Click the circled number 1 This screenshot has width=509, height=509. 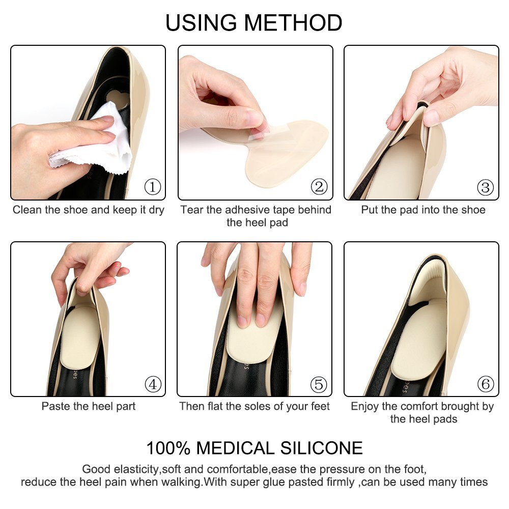click(153, 187)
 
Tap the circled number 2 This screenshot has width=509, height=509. click(319, 187)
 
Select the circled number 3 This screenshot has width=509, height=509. click(485, 187)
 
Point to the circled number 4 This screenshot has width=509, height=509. click(153, 384)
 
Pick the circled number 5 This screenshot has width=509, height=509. click(319, 384)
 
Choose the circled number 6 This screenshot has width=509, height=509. click(486, 384)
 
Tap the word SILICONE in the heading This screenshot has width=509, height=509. click(321, 448)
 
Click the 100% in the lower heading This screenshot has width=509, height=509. click(168, 448)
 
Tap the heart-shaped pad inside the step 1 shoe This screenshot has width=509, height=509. click(117, 97)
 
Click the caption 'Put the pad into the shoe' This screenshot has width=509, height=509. click(423, 210)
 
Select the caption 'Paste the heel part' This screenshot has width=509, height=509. click(88, 406)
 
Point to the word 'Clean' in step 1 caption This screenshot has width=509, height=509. click(27, 210)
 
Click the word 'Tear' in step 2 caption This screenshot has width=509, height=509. click(192, 210)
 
